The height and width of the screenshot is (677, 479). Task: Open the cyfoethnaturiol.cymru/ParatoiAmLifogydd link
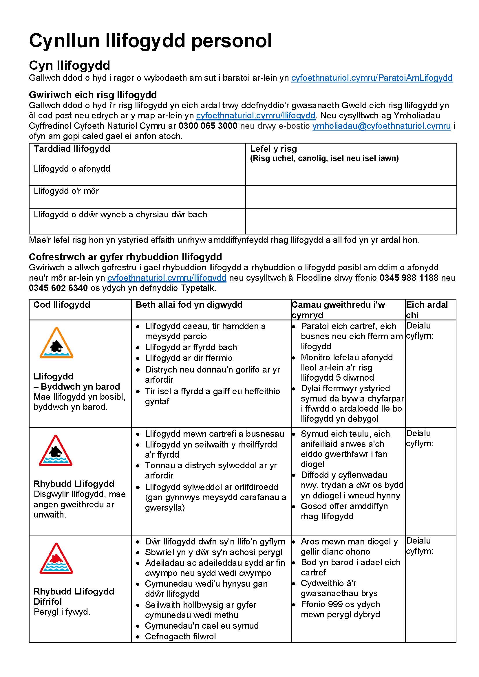click(372, 78)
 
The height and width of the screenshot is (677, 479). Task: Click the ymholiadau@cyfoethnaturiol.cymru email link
click(381, 126)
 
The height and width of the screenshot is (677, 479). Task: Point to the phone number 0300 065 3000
click(208, 126)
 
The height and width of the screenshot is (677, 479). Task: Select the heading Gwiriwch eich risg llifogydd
click(93, 95)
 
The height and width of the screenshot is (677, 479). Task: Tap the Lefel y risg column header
click(273, 148)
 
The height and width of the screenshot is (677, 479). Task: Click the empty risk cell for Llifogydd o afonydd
click(351, 174)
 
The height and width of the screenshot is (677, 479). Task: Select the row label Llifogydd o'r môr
click(66, 191)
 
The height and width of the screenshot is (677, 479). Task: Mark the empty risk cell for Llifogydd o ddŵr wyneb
click(351, 221)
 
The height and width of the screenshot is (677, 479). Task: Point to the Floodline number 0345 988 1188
click(409, 278)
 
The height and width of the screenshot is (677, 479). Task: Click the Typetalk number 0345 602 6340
click(58, 288)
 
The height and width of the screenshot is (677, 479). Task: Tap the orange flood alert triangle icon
click(56, 343)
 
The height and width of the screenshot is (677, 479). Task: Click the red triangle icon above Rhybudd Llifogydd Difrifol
click(56, 558)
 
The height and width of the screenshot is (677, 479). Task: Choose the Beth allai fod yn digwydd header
click(189, 304)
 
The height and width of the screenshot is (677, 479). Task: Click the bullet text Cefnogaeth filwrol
click(180, 636)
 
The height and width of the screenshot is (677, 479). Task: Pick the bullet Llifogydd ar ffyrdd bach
click(191, 347)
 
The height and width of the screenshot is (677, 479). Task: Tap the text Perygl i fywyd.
click(62, 612)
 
